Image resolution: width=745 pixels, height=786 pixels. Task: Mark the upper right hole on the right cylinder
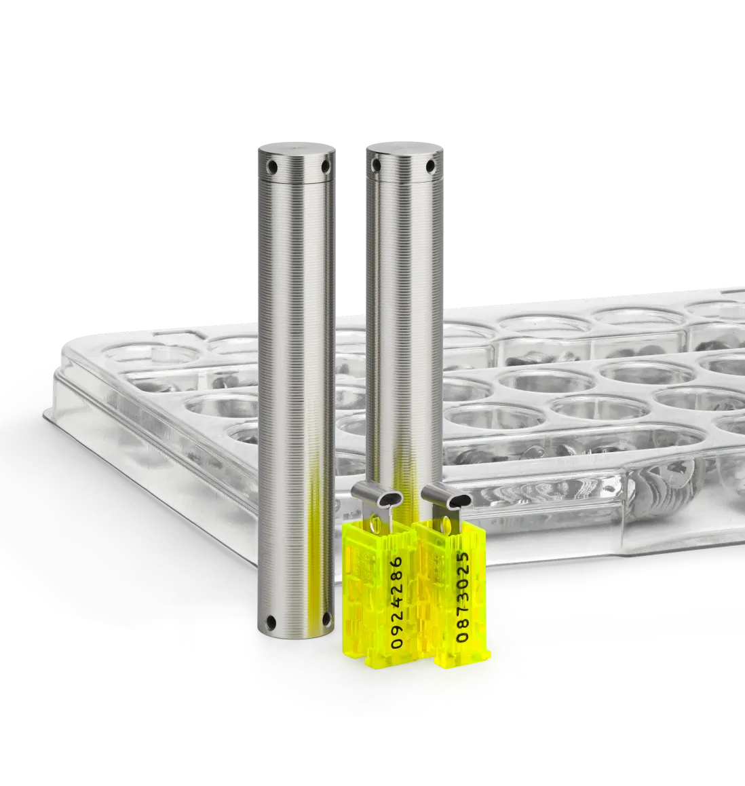[429, 165]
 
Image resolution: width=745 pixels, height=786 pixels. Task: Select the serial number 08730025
[463, 597]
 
